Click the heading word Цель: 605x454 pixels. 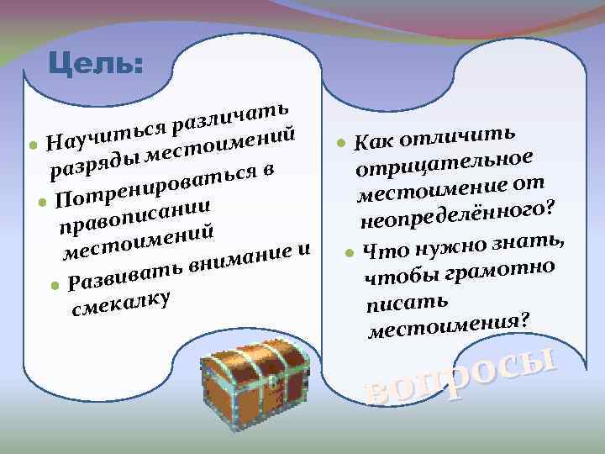[x=96, y=64]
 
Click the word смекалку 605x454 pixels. [x=122, y=304]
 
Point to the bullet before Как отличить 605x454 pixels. [x=341, y=143]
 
